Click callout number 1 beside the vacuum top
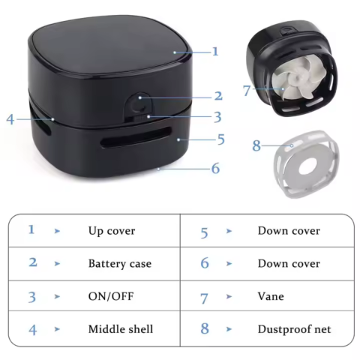[x=215, y=52]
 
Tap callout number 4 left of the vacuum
[x=10, y=118]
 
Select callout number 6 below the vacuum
[x=215, y=169]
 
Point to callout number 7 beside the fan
[x=247, y=91]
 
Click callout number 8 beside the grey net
[x=256, y=145]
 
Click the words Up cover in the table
[x=112, y=230]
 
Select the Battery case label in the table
[x=119, y=263]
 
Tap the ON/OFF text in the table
[x=109, y=296]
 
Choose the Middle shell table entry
[x=120, y=329]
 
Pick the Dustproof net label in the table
[x=293, y=329]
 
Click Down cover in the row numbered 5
[x=289, y=230]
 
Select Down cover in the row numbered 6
[x=289, y=263]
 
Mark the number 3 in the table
[x=31, y=297]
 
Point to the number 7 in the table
[x=204, y=297]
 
